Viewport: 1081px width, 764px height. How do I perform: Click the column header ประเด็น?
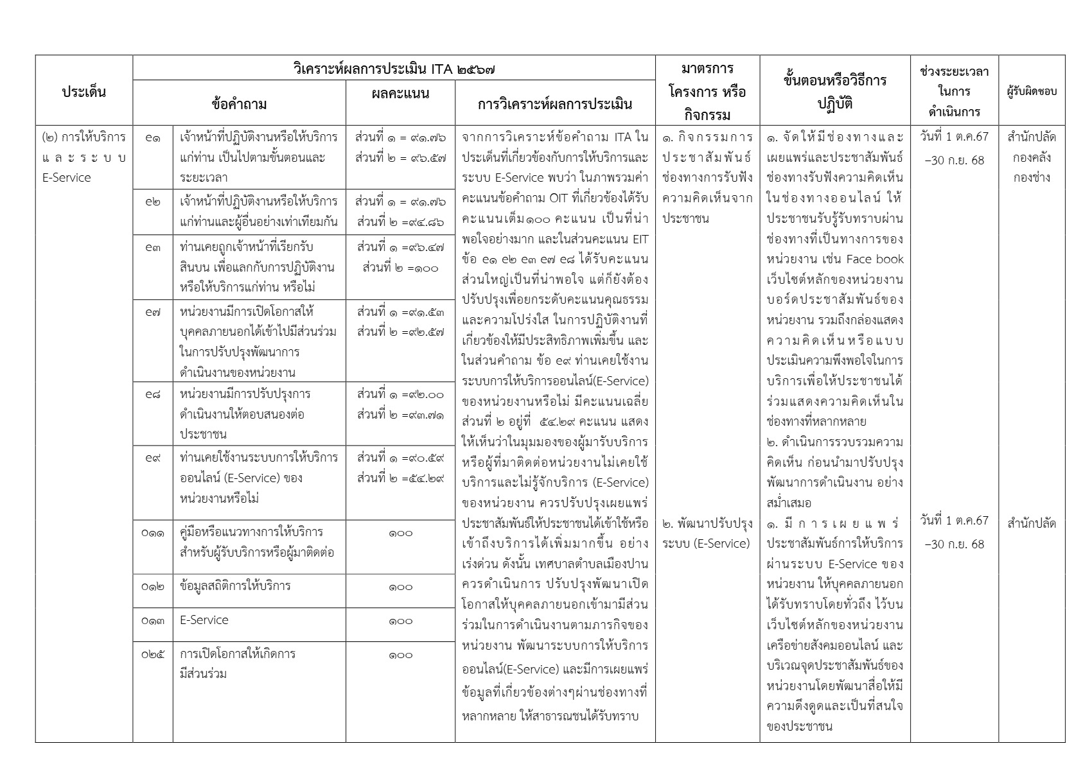tap(84, 91)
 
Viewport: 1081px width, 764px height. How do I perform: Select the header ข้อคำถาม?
tap(239, 103)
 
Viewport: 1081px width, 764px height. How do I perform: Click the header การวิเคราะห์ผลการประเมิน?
tap(555, 103)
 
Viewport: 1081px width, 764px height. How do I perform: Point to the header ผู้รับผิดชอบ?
tap(1032, 91)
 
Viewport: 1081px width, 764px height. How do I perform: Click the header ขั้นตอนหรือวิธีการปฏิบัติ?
tap(834, 91)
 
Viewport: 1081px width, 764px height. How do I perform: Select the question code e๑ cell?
tap(153, 137)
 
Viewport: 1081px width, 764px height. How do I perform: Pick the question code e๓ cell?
tap(153, 247)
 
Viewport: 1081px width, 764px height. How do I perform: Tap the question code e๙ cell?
tap(153, 458)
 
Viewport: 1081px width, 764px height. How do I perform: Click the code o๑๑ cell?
tap(153, 533)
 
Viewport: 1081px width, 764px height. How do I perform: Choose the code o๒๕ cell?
tap(153, 655)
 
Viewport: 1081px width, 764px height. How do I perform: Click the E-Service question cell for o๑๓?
tap(204, 620)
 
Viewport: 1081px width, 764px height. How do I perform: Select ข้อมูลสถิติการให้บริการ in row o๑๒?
tap(235, 586)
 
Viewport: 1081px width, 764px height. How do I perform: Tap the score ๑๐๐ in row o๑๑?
tap(400, 533)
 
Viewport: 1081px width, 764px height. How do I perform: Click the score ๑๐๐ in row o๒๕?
tap(400, 655)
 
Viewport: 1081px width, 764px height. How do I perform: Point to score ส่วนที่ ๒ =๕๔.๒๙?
tap(400, 478)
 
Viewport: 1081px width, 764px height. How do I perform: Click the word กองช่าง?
tap(1032, 178)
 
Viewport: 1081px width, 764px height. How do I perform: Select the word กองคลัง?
tap(1032, 157)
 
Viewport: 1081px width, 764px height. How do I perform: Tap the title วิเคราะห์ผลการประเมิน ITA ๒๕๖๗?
tap(394, 68)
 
